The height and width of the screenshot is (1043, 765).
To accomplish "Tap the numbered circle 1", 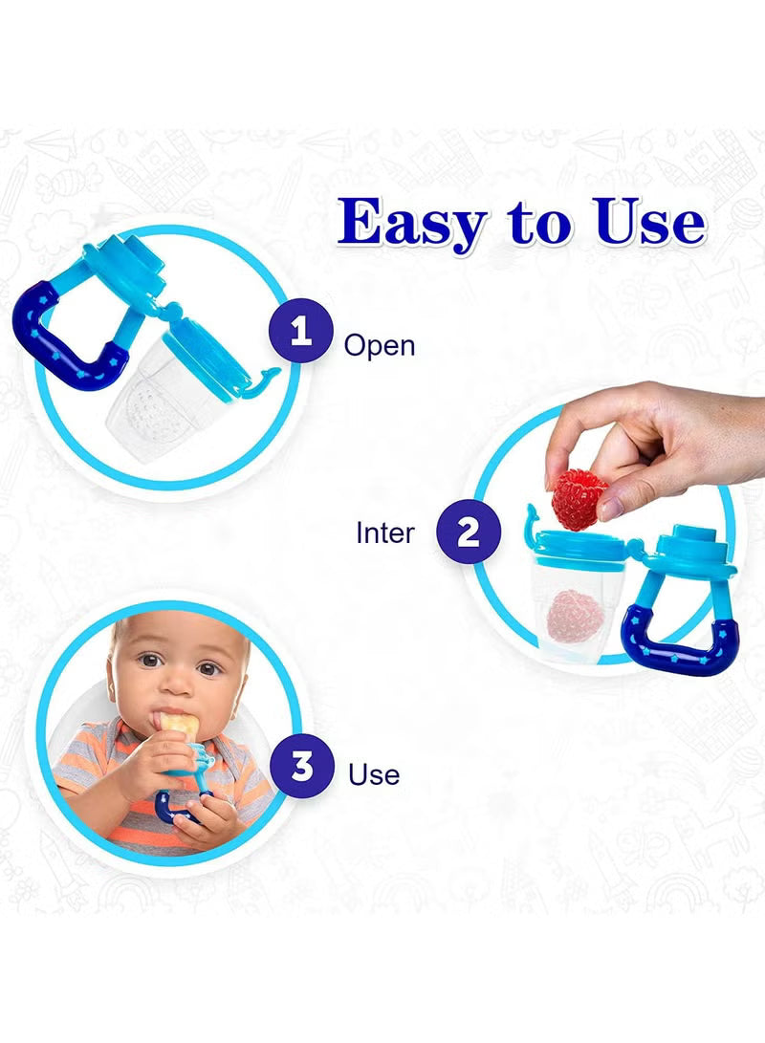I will [302, 333].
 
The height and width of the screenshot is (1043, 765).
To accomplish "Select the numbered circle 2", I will [468, 532].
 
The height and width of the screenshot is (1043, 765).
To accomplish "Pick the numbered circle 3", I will [302, 766].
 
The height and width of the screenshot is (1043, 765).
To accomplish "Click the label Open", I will [380, 344].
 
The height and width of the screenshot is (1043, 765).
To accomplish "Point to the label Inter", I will [385, 532].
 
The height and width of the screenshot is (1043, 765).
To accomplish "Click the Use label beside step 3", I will [374, 773].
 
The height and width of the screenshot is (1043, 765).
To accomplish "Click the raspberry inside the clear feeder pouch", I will [575, 617].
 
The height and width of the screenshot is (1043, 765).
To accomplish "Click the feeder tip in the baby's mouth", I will [173, 728].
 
